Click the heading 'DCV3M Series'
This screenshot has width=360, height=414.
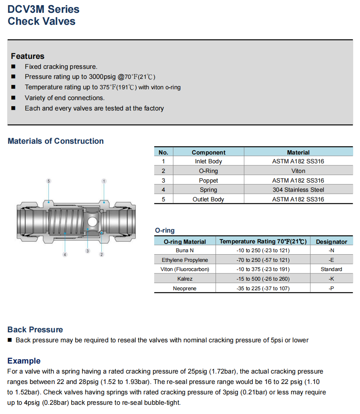[x=43, y=9]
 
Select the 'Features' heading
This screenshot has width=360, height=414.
[x=28, y=56]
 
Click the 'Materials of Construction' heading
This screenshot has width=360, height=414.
[x=56, y=141]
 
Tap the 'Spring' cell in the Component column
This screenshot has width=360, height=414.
[x=208, y=190]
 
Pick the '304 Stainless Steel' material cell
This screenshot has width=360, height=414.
[x=298, y=190]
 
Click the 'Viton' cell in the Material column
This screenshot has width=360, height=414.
[x=298, y=171]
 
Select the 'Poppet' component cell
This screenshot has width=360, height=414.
[x=208, y=181]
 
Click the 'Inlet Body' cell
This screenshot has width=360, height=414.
[x=208, y=161]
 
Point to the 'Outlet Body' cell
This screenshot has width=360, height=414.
[x=208, y=199]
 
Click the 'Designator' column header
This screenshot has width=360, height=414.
[x=331, y=241]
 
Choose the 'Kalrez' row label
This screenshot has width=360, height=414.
[x=185, y=279]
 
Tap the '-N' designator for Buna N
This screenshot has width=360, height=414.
[x=331, y=251]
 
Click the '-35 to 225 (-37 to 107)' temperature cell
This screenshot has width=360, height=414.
[x=263, y=288]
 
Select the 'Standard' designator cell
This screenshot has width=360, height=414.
[x=331, y=269]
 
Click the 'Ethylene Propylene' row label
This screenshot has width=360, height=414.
[x=185, y=260]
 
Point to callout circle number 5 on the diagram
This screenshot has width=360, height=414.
[x=48, y=181]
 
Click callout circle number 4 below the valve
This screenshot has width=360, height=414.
[x=65, y=255]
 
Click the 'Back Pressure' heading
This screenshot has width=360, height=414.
[x=35, y=330]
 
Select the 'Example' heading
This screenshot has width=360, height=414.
[x=24, y=361]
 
